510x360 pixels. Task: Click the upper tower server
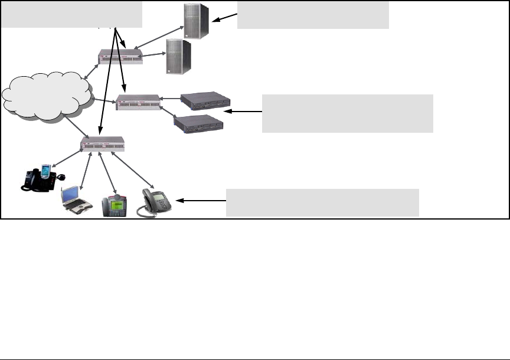(197, 21)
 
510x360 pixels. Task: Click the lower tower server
(178, 57)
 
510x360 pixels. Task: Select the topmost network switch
(120, 57)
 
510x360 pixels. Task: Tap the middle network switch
(138, 102)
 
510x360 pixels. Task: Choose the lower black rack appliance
(198, 123)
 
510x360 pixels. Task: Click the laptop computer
(76, 199)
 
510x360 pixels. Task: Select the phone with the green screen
(114, 204)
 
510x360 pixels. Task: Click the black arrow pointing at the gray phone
(201, 201)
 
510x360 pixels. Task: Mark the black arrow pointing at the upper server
(224, 19)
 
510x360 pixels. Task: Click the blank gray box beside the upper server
(313, 15)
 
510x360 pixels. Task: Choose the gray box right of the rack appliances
(347, 113)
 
